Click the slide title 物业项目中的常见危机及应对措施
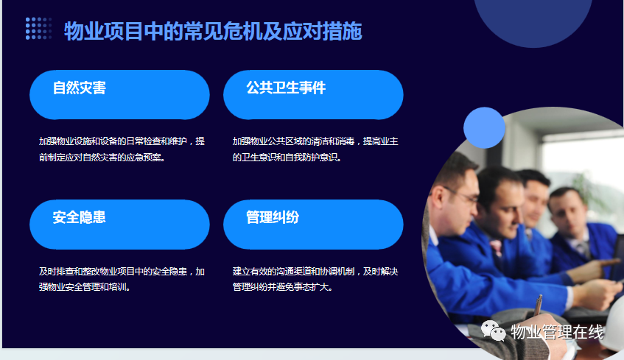point(213,31)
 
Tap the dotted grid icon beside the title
point(38,28)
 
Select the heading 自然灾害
point(79,88)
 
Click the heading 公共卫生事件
point(286,88)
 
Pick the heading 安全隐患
point(79,217)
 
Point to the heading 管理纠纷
point(273,217)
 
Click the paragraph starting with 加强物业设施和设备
point(122,149)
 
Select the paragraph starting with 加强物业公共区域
point(315,149)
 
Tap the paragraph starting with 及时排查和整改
point(122,279)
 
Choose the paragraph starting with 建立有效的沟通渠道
point(315,279)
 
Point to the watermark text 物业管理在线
point(557,332)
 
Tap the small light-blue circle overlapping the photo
point(484,127)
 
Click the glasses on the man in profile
point(463,196)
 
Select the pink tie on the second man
point(496,247)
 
